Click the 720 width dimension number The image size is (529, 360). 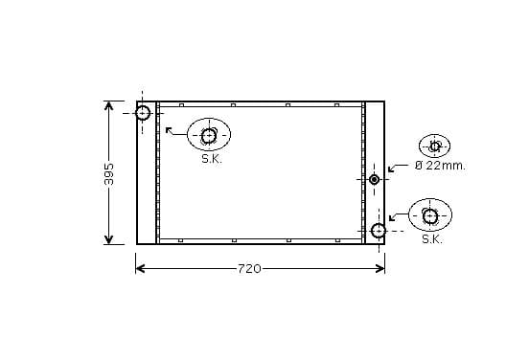[249, 269]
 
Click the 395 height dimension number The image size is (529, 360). [109, 174]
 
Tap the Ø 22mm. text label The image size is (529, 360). [440, 166]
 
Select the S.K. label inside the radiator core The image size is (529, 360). [212, 159]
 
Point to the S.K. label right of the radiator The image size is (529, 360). [432, 239]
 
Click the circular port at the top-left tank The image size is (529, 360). [143, 113]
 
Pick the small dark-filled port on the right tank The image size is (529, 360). [374, 179]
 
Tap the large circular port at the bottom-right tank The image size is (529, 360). [379, 231]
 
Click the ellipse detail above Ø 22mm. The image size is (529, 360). [434, 146]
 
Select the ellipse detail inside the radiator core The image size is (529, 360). [209, 134]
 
